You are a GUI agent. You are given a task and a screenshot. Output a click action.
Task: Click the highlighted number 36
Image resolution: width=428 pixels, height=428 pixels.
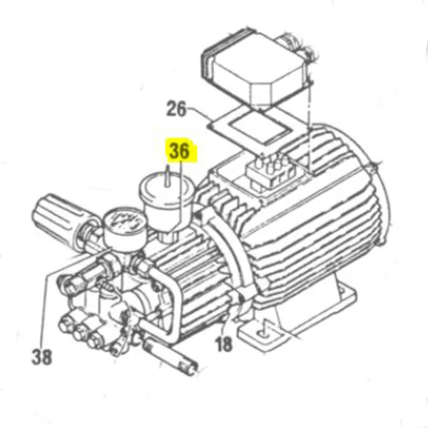coord(180,152)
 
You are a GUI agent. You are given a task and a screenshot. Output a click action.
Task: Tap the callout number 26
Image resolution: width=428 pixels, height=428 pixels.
coord(176,109)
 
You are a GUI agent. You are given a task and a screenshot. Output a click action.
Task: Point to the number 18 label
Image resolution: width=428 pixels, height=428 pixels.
coord(223,345)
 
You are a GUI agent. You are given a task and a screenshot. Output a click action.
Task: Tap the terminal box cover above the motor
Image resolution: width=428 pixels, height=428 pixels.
coord(258,64)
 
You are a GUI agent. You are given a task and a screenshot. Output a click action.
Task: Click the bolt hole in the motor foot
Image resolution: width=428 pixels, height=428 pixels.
coord(265,329)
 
